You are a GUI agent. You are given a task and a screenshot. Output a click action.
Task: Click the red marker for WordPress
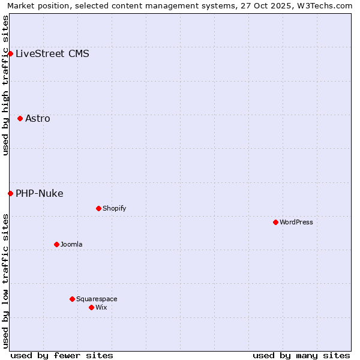(x=275, y=222)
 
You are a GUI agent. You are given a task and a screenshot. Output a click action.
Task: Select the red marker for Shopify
(x=98, y=208)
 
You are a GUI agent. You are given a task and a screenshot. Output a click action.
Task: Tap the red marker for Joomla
(x=56, y=244)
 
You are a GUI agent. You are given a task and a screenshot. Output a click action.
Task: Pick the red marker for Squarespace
(x=72, y=299)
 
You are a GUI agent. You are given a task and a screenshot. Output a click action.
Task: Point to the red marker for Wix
(x=91, y=307)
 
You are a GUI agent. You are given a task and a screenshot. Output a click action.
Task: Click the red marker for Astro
(x=20, y=118)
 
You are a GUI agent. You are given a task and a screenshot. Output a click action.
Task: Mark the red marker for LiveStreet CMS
(x=10, y=53)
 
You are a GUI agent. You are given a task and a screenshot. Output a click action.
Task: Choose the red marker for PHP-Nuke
(x=10, y=193)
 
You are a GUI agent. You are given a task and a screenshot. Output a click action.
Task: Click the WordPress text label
(x=296, y=222)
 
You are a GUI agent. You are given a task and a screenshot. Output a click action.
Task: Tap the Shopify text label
(x=114, y=208)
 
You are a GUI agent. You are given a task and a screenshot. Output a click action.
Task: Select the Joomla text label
(x=71, y=244)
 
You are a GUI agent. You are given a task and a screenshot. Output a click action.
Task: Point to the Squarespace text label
(x=97, y=299)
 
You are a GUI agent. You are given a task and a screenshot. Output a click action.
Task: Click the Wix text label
(x=101, y=307)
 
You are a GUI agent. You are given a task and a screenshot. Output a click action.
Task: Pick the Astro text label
(x=38, y=118)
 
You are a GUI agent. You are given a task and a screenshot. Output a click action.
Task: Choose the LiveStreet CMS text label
(x=52, y=53)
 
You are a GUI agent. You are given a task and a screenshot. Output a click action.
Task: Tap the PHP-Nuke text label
(x=39, y=193)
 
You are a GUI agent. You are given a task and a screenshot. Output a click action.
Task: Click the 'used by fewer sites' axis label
(x=62, y=355)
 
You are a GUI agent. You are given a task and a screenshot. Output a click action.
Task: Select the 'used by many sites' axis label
(x=301, y=355)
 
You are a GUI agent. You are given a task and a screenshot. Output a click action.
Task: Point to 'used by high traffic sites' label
(x=5, y=85)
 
